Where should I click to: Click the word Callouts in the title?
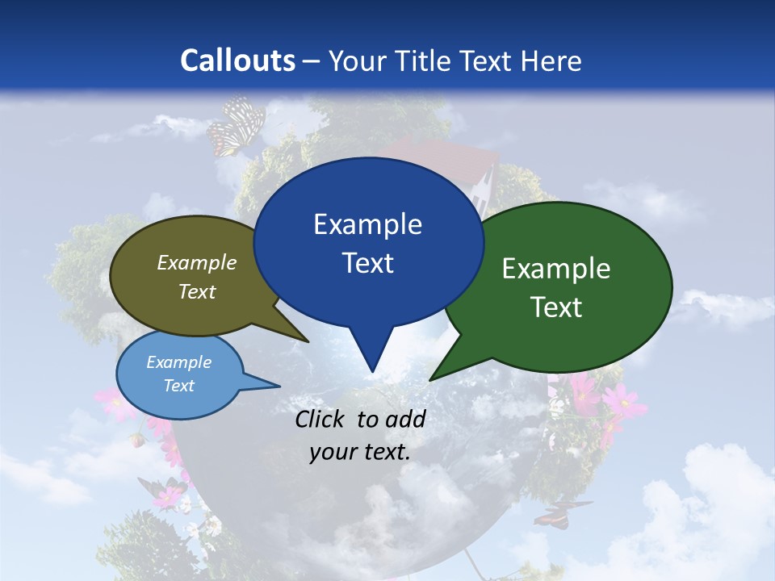tap(238, 61)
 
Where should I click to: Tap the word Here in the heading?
tap(551, 61)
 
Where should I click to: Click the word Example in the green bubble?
tap(556, 269)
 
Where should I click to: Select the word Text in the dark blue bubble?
tap(368, 263)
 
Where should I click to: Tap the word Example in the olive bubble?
tap(197, 262)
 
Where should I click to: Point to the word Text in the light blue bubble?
tap(179, 386)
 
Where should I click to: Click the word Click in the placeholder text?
tap(321, 419)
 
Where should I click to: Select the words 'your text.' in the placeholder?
tap(360, 453)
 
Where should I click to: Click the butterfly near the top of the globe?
tap(236, 125)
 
